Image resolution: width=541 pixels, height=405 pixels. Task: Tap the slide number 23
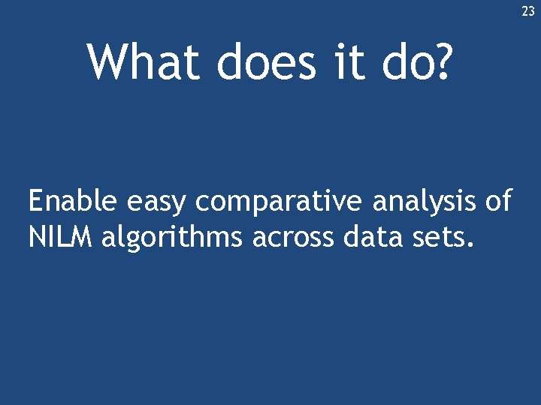tap(528, 11)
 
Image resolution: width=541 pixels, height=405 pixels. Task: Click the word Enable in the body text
tap(73, 201)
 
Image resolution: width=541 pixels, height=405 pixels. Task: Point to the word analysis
tap(416, 201)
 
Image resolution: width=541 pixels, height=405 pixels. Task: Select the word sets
tap(440, 237)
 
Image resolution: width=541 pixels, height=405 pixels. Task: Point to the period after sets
tap(471, 245)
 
